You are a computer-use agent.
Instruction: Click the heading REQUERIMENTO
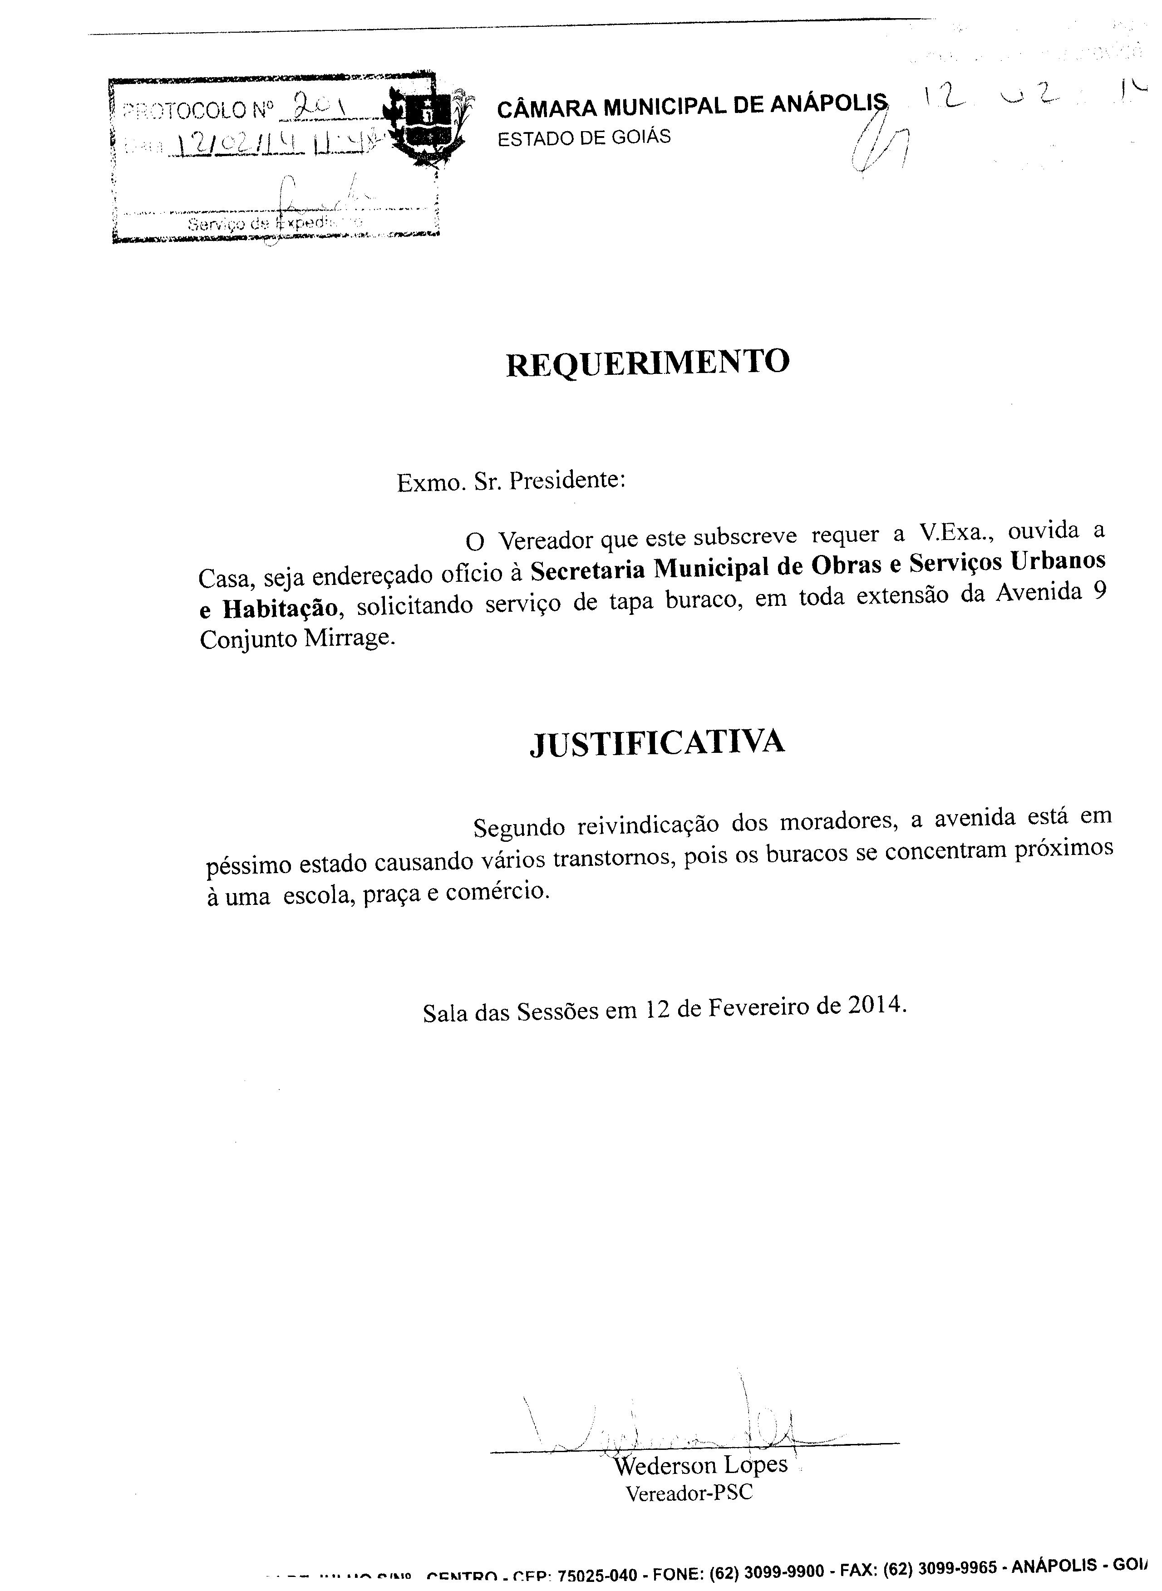pyautogui.click(x=647, y=363)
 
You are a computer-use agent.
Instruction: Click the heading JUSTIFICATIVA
pyautogui.click(x=656, y=743)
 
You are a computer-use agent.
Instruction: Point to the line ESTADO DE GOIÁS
pyautogui.click(x=584, y=137)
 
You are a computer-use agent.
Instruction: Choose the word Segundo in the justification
pyautogui.click(x=518, y=827)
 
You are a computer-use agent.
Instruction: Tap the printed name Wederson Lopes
pyautogui.click(x=700, y=1462)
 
